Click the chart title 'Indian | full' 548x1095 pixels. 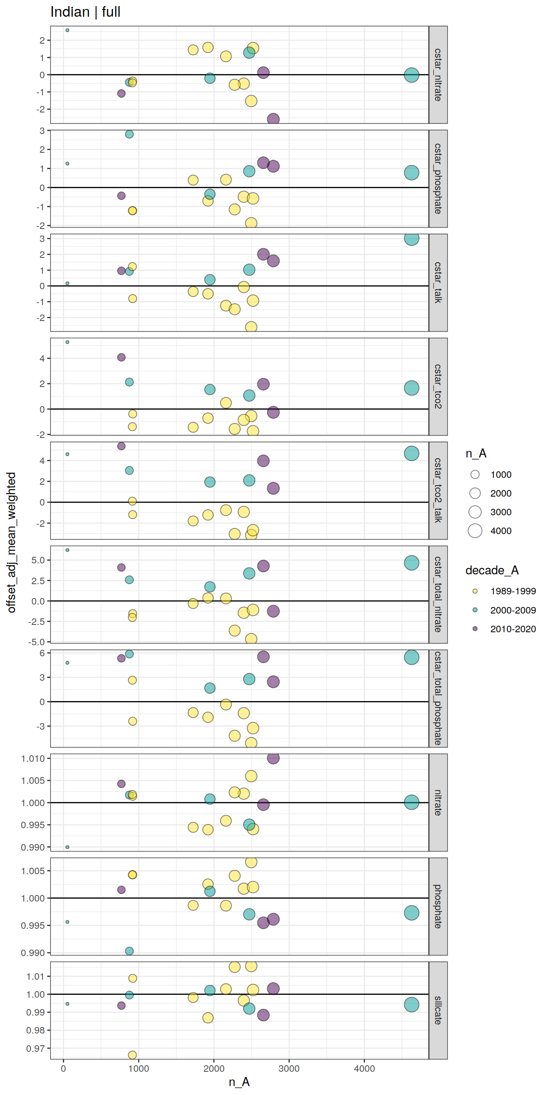coord(85,12)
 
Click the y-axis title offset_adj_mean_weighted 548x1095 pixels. coord(11,542)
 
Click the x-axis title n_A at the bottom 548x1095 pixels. coord(239,1082)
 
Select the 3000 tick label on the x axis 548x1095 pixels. coord(289,1069)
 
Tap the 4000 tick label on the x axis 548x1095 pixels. coord(364,1069)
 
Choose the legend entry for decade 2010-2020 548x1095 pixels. coord(513,629)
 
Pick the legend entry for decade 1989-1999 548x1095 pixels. coord(513,591)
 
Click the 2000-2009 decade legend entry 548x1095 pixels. coord(513,610)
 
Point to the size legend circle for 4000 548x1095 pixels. coord(475,530)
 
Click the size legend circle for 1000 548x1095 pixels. coord(475,475)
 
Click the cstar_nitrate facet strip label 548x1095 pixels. coord(438,75)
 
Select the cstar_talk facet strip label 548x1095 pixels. coord(438,282)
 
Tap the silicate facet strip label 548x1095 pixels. coord(438,1010)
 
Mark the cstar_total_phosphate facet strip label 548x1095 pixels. coord(438,698)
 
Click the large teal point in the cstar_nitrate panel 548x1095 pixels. coord(411,75)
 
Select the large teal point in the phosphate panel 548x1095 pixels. coord(411,912)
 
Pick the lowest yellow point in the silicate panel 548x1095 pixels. coord(133,1055)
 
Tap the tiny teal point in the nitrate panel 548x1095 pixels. coord(67,847)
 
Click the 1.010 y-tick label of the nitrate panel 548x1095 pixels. coord(33,759)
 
